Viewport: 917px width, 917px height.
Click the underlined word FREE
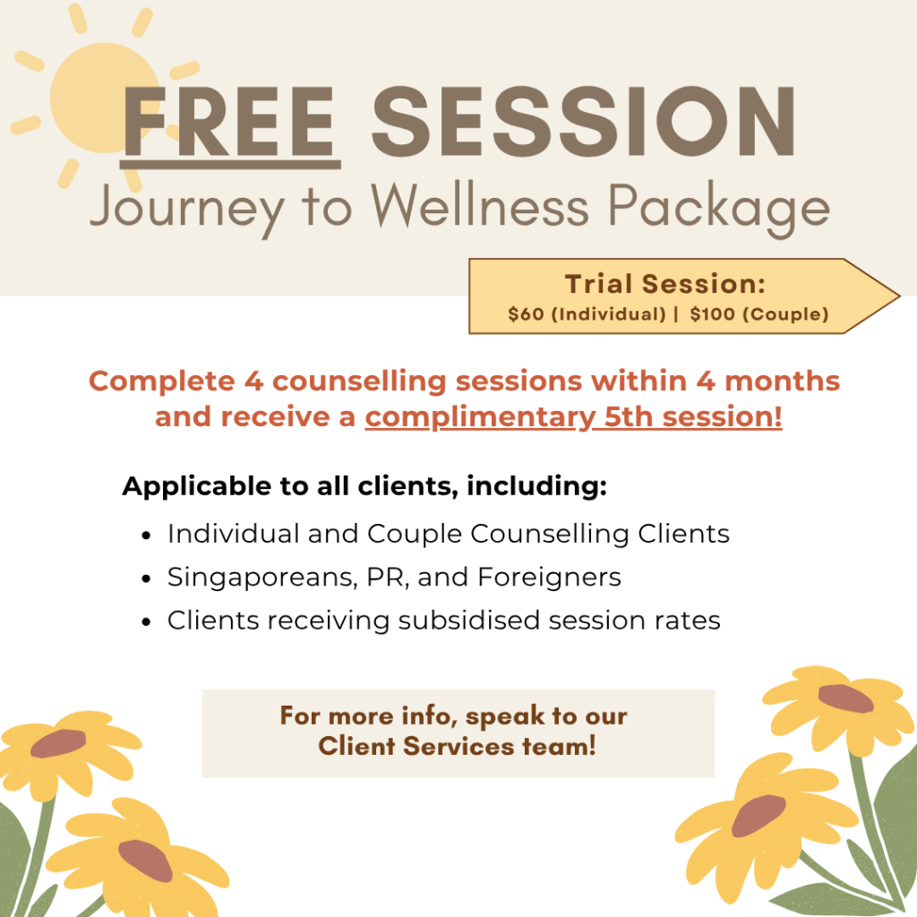pyautogui.click(x=229, y=124)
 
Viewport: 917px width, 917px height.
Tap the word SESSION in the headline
pyautogui.click(x=584, y=122)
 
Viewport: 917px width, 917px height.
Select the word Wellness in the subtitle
pyautogui.click(x=480, y=205)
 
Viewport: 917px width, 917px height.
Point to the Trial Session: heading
pyautogui.click(x=665, y=284)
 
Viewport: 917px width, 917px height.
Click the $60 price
pyautogui.click(x=526, y=314)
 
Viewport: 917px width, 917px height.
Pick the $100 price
pyautogui.click(x=712, y=314)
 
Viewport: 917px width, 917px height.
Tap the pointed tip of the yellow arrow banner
pyautogui.click(x=899, y=296)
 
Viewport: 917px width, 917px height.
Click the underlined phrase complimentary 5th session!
pyautogui.click(x=574, y=417)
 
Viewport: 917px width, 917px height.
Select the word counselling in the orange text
pyautogui.click(x=359, y=381)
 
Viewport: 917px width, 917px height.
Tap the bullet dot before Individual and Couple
pyautogui.click(x=146, y=536)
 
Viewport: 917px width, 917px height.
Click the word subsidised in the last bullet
pyautogui.click(x=468, y=620)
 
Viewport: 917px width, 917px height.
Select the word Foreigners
pyautogui.click(x=549, y=578)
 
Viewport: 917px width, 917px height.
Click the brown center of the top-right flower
pyautogui.click(x=845, y=698)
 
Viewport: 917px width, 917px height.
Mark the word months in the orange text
pyautogui.click(x=782, y=381)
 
